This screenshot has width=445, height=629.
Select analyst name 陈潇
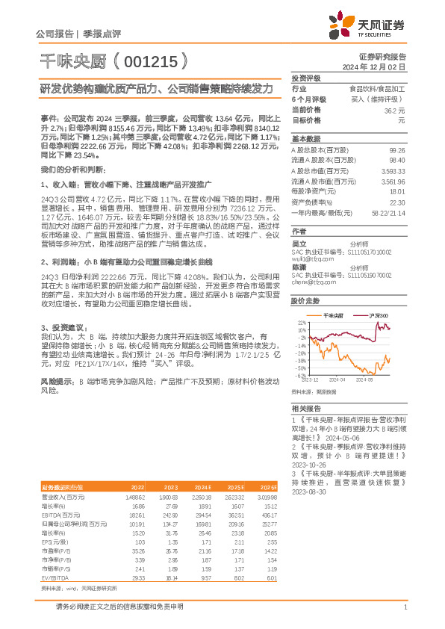coord(299,267)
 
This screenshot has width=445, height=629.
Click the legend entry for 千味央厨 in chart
coord(337,317)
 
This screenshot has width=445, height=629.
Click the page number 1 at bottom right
coord(404,607)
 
